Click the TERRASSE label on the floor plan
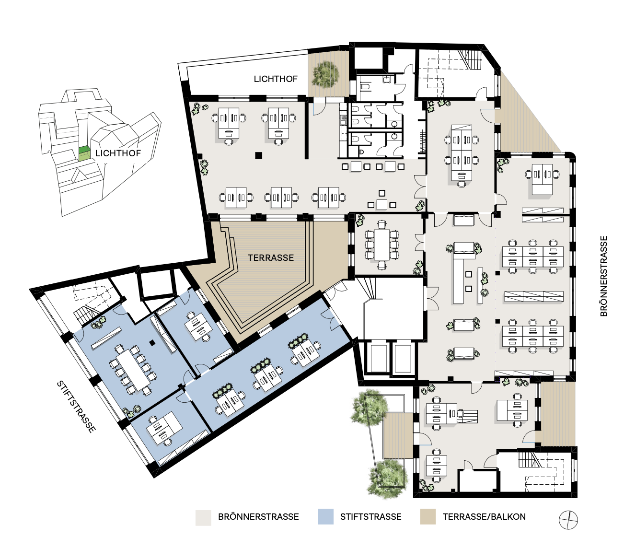(x=271, y=257)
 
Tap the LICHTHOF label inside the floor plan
(x=276, y=79)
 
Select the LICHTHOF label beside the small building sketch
(x=118, y=153)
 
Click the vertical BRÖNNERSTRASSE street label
(x=604, y=276)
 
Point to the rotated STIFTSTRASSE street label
(x=76, y=407)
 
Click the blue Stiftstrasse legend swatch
(x=325, y=516)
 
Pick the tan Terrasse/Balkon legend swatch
(x=428, y=516)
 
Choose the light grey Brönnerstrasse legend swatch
(x=203, y=517)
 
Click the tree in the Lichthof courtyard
(x=325, y=74)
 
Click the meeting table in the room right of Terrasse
(x=382, y=245)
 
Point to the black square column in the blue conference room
(x=151, y=342)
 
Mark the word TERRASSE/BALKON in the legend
(x=484, y=516)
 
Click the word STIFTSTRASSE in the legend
(x=371, y=516)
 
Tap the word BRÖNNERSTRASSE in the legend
(x=258, y=516)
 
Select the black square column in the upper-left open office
(x=259, y=156)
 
